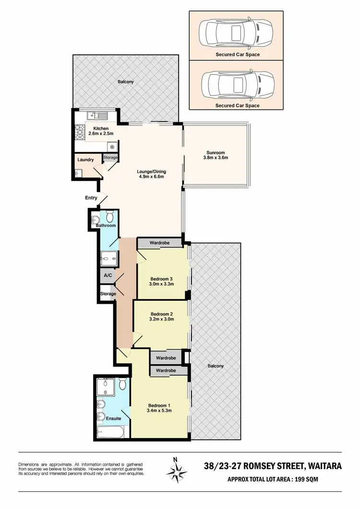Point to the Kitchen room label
coord(101,129)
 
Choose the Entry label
coord(91,198)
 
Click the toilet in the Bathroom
coord(110,214)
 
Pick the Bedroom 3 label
coord(162,279)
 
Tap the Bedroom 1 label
coord(159,404)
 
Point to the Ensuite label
coord(114,418)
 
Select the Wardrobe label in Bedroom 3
coord(160,243)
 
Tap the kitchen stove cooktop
coord(80,131)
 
